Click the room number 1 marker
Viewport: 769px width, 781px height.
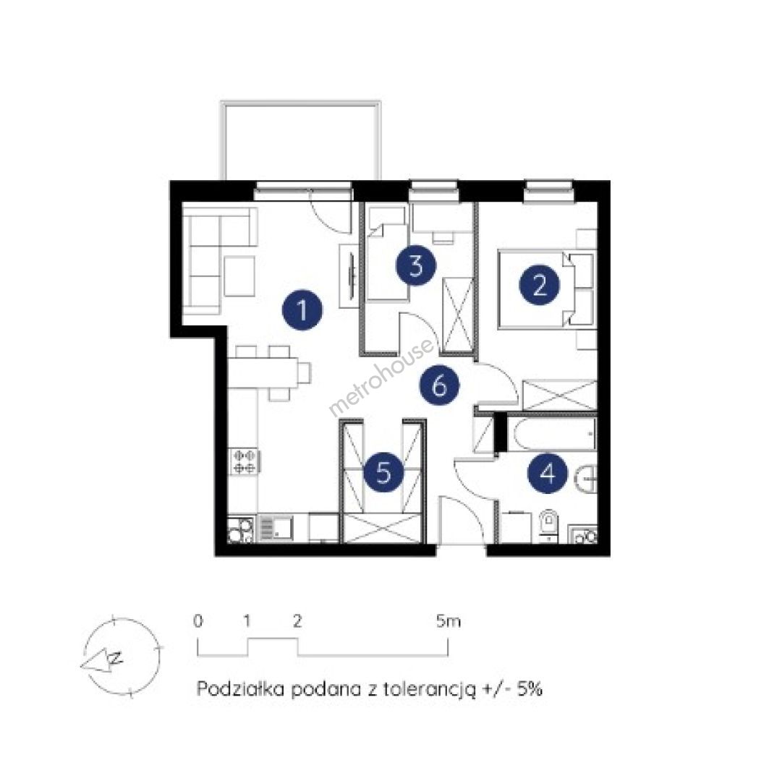[302, 310]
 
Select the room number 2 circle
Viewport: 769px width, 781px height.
[539, 286]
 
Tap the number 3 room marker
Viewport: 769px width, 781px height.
[416, 265]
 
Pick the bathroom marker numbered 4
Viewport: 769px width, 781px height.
[548, 473]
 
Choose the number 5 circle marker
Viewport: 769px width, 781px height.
[383, 472]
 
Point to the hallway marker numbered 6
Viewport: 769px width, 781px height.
[439, 385]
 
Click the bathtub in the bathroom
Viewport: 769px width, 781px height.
[551, 435]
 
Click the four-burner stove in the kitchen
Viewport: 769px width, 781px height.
[245, 461]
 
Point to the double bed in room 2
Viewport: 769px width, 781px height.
[546, 289]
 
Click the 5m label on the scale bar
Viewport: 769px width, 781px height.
[449, 621]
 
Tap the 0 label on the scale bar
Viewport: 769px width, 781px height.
[198, 621]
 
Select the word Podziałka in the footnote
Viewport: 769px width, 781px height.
[241, 689]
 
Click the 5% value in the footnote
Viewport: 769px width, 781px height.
[530, 689]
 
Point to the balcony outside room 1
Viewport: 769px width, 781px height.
[301, 141]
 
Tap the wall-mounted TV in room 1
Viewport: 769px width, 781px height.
[352, 276]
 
